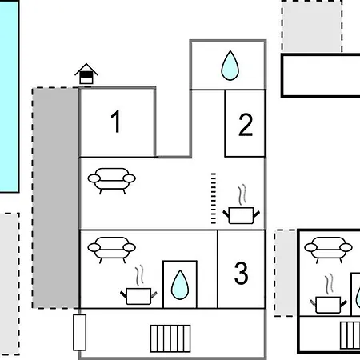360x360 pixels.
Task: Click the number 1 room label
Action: [116, 122]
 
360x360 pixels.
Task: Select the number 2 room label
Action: [246, 125]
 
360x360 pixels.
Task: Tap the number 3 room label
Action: [242, 273]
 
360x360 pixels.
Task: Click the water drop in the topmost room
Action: [230, 66]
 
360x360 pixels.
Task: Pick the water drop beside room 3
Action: [180, 285]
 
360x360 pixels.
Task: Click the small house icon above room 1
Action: [86, 74]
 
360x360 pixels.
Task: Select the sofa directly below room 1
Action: [112, 181]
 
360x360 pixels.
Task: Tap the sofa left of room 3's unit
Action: [112, 250]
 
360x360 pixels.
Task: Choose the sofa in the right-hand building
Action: [329, 250]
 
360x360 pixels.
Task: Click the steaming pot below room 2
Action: [241, 205]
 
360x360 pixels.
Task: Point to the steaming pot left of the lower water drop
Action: [138, 286]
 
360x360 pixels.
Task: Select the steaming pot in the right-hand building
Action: [329, 294]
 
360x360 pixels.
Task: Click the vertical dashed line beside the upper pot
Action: [214, 198]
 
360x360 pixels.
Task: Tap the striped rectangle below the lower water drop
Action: [170, 338]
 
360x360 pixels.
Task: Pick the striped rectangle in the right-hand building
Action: [350, 335]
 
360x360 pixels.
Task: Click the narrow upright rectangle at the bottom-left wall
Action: [79, 333]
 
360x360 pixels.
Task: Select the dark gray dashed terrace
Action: [55, 198]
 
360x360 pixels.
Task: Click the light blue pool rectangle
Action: [10, 96]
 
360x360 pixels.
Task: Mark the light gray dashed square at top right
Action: [312, 26]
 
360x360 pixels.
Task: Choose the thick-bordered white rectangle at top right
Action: [321, 75]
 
